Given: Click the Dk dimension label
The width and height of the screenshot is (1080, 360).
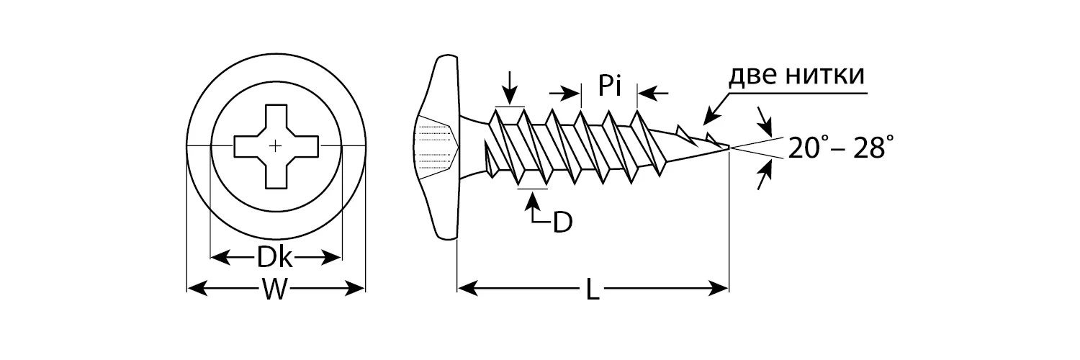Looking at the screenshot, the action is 274,257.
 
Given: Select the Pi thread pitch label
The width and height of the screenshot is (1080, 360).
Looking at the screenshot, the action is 609,85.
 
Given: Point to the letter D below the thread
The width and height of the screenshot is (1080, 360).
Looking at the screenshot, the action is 562,222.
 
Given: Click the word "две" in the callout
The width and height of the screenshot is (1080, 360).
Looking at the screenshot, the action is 751,76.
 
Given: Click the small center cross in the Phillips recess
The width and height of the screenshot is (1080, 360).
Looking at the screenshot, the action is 275,145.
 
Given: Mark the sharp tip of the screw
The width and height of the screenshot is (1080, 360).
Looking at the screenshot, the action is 729,148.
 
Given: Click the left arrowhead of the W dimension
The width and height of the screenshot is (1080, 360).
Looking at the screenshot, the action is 197,289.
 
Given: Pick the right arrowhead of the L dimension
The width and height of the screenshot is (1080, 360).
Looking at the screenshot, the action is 718,289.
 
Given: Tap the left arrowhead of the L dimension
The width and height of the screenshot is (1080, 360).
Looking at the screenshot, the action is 468,289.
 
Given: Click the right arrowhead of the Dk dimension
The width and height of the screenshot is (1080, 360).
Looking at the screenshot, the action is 331,257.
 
